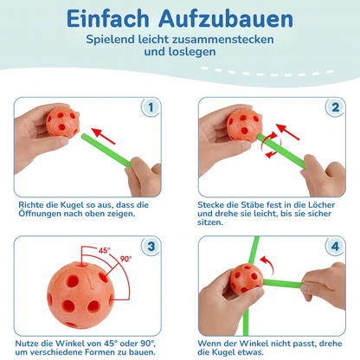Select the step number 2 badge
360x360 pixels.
click(x=334, y=108)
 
